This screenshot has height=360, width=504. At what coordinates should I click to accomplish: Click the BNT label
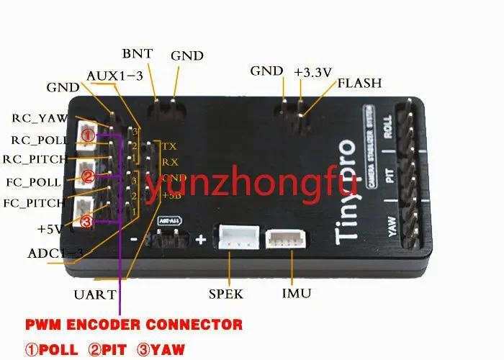137,54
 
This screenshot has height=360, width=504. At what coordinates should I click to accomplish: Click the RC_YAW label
40,117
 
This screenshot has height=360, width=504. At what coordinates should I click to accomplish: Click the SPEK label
226,294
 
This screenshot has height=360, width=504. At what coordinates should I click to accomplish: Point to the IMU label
297,294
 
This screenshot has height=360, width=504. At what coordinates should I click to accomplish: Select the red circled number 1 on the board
87,134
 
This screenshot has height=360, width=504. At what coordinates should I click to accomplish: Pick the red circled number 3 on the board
87,222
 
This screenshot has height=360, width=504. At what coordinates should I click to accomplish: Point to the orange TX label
169,146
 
